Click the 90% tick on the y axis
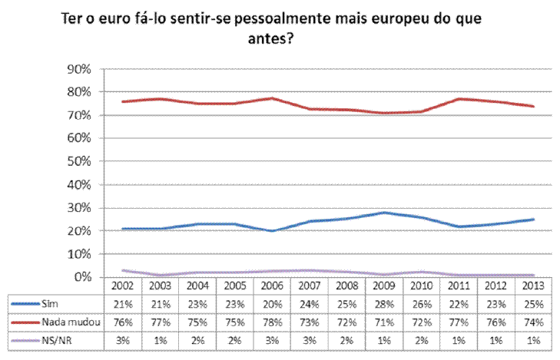point(79,69)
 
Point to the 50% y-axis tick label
point(79,161)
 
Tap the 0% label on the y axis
point(83,276)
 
